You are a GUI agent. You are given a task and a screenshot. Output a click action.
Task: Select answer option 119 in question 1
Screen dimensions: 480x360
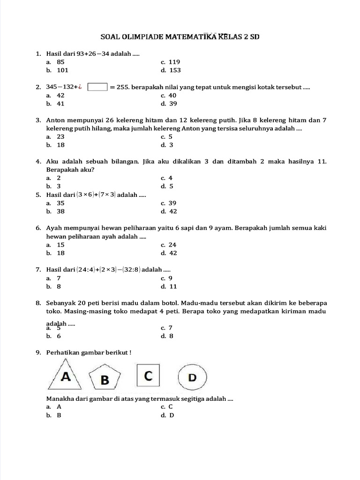tap(174, 62)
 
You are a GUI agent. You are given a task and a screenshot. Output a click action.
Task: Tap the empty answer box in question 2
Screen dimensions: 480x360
tap(97, 87)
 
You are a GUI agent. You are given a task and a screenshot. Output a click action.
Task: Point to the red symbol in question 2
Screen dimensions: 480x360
tap(81, 87)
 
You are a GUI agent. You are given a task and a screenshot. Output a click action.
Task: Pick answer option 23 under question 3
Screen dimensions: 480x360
tap(60, 136)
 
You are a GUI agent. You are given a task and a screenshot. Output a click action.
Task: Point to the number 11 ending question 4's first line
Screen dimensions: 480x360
tap(322, 161)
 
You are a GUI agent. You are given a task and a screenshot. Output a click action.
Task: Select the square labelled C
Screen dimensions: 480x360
tap(148, 376)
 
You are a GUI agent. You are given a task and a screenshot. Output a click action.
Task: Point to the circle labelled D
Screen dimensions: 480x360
tap(192, 377)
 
